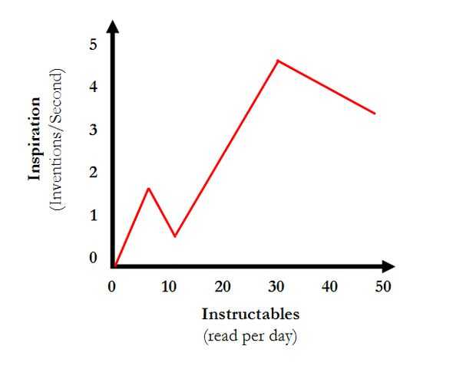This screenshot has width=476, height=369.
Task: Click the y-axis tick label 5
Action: (x=93, y=44)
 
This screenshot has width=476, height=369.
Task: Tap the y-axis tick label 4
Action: (x=93, y=87)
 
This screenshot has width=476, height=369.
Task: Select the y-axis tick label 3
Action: (x=93, y=130)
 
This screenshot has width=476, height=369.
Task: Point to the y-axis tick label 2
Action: (x=93, y=173)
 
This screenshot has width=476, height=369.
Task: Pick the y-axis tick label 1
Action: (x=93, y=216)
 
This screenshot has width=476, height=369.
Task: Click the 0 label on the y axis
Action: (x=93, y=258)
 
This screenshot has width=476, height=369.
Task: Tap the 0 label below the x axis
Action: (x=112, y=287)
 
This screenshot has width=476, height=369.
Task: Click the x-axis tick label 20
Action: (x=223, y=287)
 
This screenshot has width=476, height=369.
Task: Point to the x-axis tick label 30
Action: (x=276, y=287)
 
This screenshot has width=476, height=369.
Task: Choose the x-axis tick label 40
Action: (x=329, y=287)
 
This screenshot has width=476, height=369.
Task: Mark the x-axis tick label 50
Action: (x=383, y=287)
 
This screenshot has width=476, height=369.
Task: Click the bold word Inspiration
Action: (x=35, y=139)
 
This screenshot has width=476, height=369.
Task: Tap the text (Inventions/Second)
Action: (x=57, y=139)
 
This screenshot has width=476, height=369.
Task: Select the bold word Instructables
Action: (x=250, y=314)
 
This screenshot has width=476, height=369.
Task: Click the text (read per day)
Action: (x=250, y=336)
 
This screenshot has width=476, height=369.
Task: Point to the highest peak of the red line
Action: (x=278, y=60)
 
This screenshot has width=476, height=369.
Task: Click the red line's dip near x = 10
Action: (x=175, y=236)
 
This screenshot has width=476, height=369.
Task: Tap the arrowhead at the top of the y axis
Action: (x=113, y=26)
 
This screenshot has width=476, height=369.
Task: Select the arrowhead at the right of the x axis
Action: (x=388, y=266)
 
